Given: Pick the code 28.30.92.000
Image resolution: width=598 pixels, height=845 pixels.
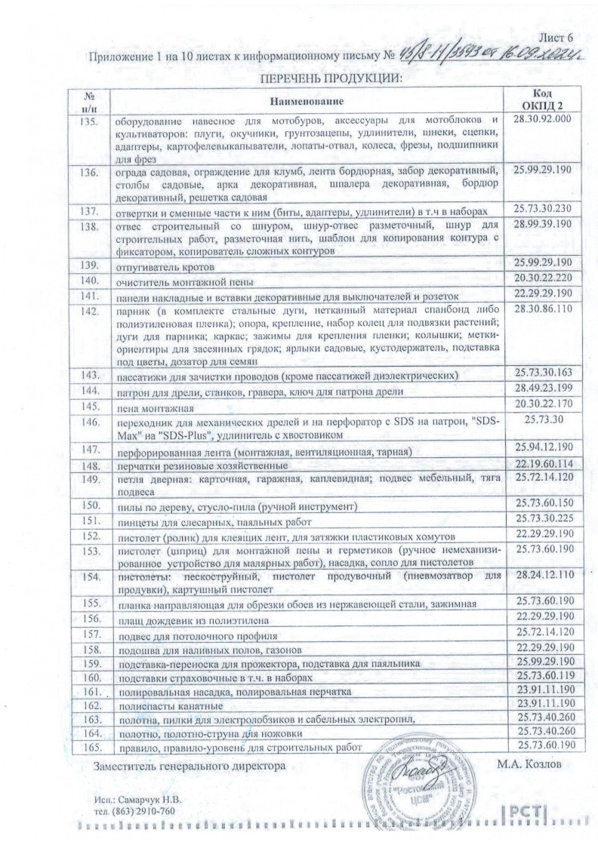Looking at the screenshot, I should click(x=542, y=120).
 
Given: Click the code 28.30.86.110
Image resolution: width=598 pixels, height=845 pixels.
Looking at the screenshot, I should click(x=542, y=309).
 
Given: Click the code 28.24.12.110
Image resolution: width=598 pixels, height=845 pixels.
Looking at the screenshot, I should click(x=544, y=576).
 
